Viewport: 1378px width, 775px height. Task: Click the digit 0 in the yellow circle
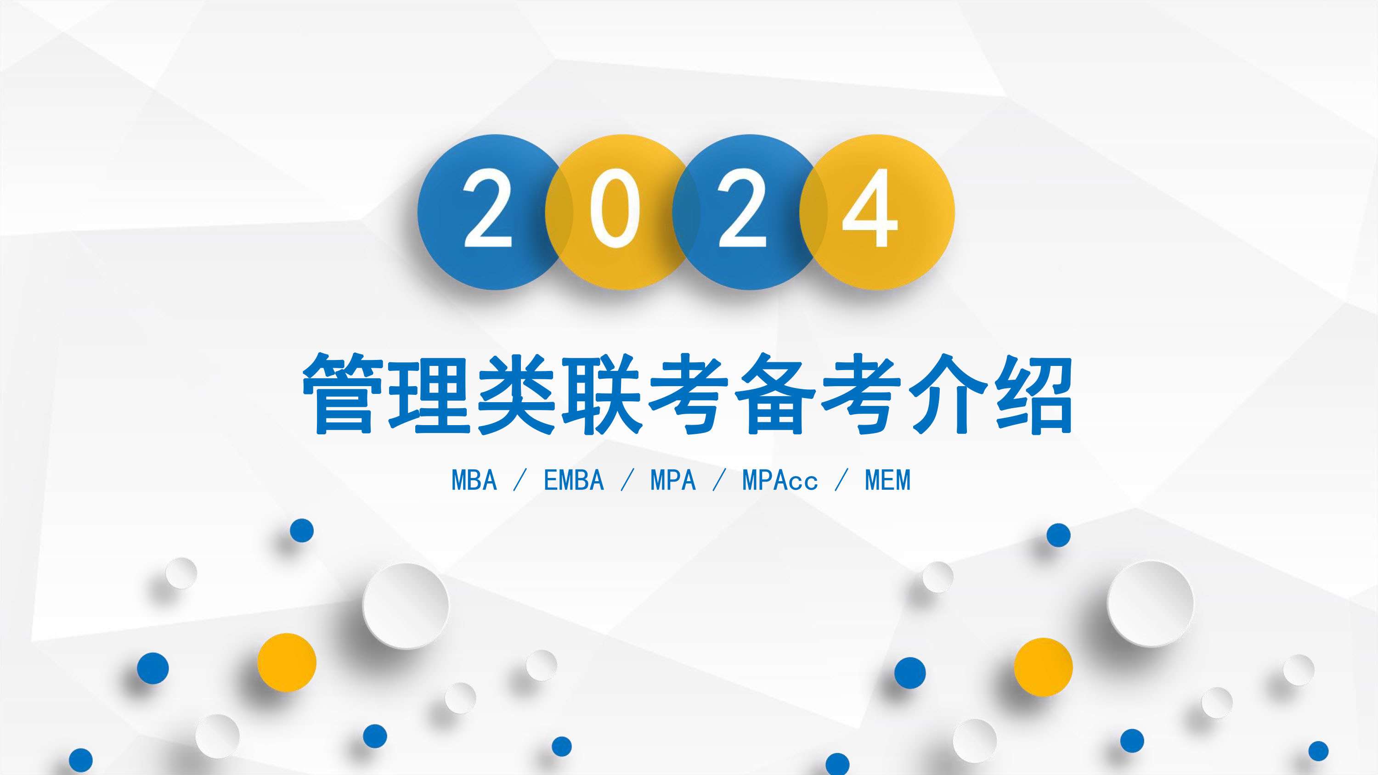click(615, 208)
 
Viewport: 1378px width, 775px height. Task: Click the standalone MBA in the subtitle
click(474, 480)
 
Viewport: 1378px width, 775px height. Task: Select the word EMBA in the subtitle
click(574, 480)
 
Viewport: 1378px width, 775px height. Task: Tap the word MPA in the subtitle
click(673, 480)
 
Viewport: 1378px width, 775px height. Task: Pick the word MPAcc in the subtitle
click(780, 480)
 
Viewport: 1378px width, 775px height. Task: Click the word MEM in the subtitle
click(887, 480)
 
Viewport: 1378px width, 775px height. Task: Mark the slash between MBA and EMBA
click(520, 480)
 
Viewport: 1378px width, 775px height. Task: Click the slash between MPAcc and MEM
click(841, 480)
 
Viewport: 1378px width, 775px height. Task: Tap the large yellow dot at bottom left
click(287, 662)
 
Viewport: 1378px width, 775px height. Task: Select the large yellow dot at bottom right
click(1043, 667)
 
